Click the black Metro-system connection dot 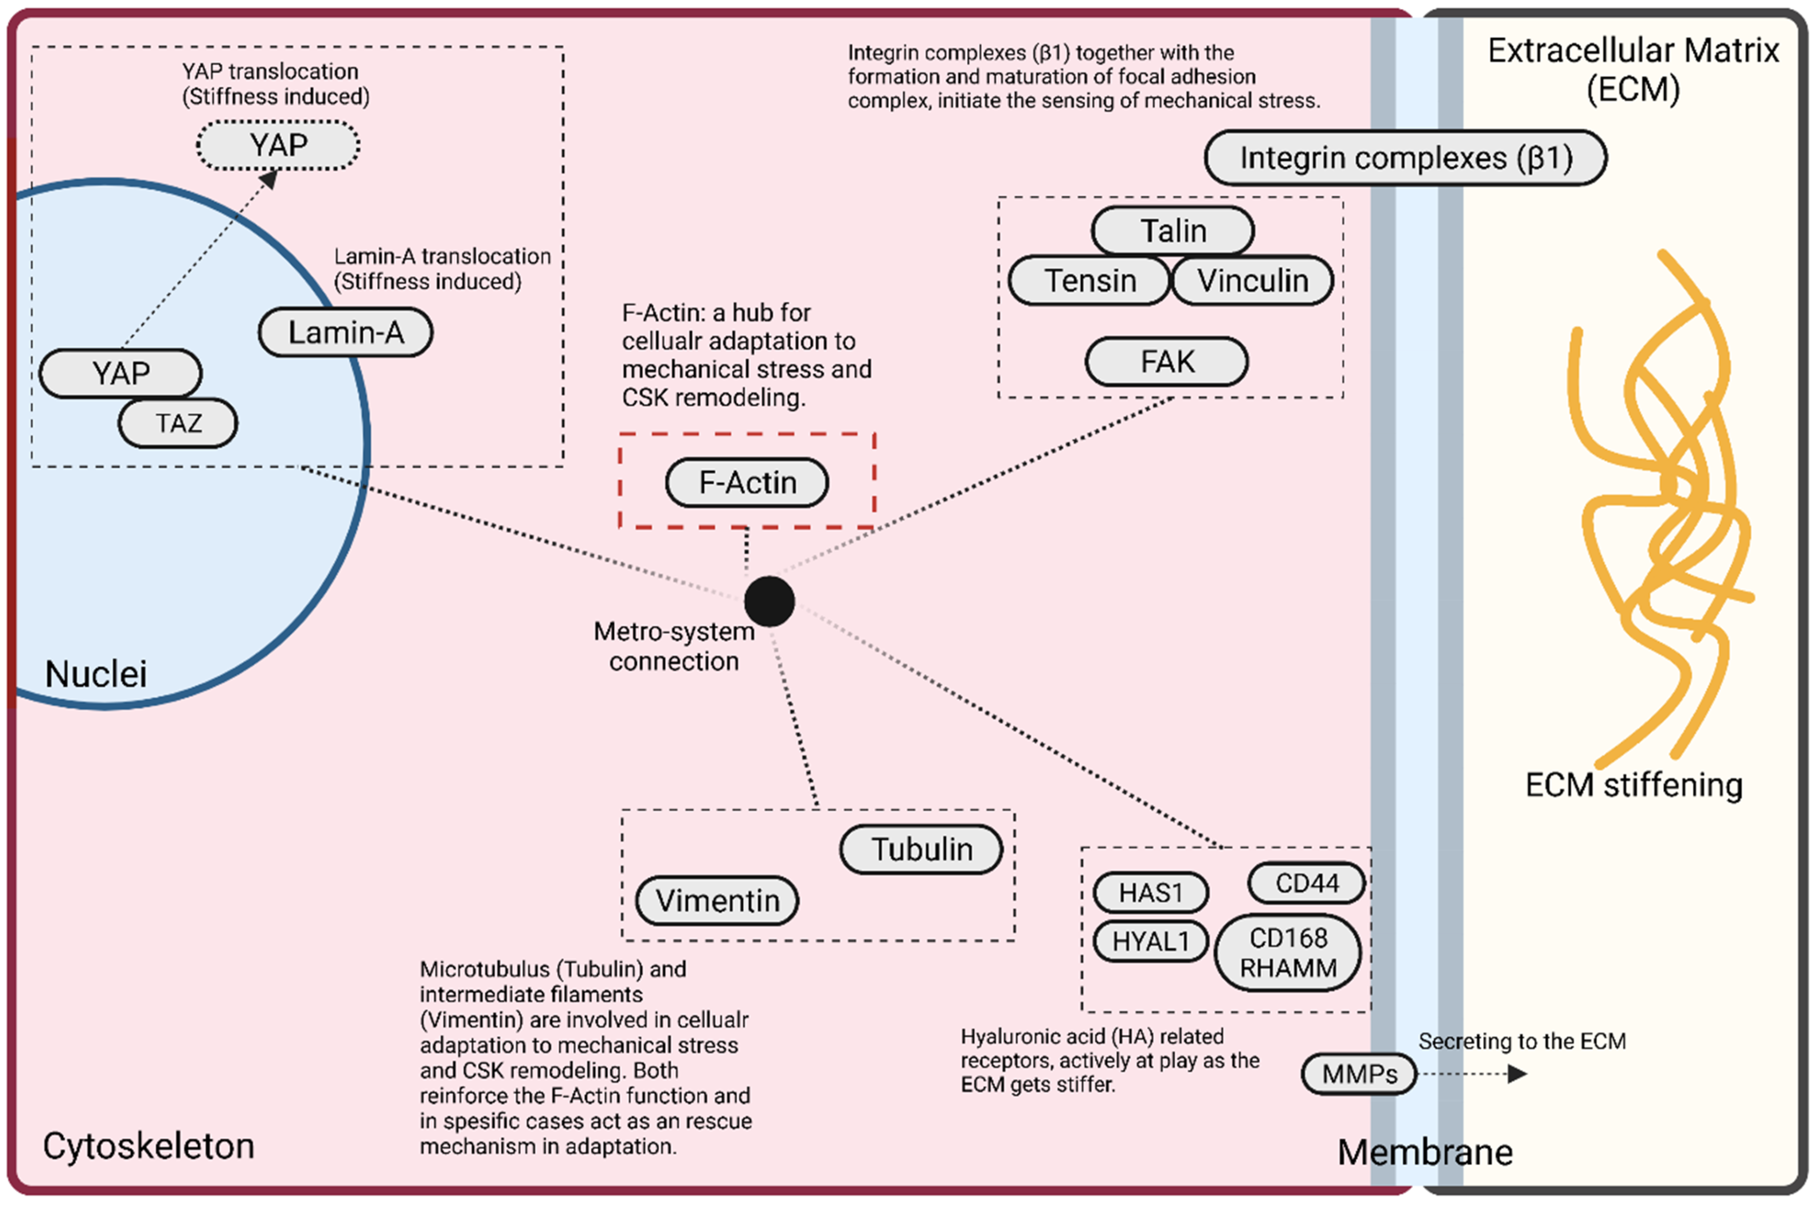click(x=769, y=601)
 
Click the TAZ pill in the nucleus click(x=178, y=423)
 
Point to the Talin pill click(x=1172, y=231)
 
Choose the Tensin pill click(x=1089, y=281)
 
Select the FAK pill click(x=1166, y=361)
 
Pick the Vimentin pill click(x=717, y=901)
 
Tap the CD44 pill click(x=1306, y=883)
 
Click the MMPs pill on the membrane click(x=1359, y=1074)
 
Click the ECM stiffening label click(x=1633, y=786)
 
